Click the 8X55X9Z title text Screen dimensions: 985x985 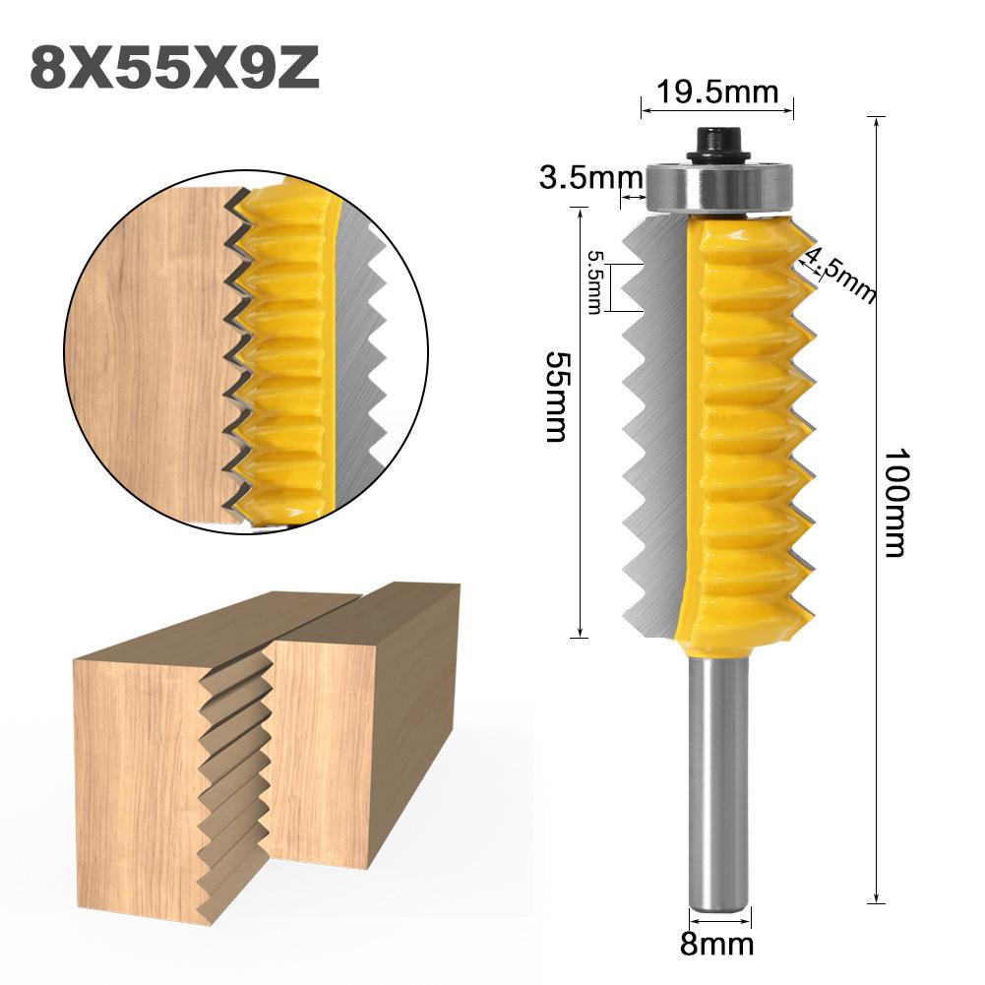[x=174, y=67]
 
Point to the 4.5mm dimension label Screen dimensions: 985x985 [x=840, y=274]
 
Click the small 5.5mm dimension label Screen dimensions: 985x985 [x=594, y=281]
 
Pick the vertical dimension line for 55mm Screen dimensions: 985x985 [x=581, y=423]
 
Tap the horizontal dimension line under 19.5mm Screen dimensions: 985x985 [x=716, y=110]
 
